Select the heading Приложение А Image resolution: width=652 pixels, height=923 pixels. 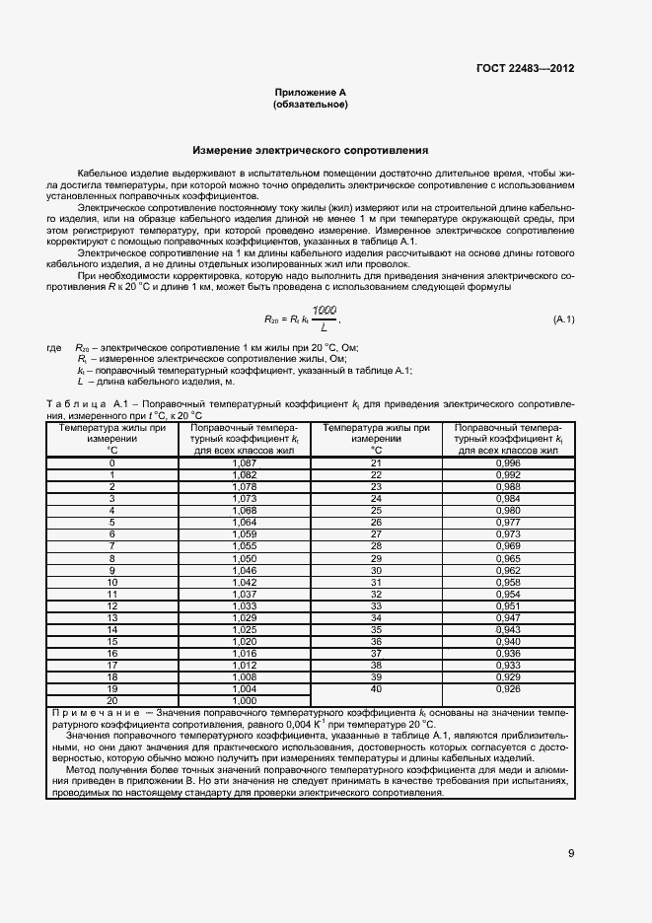coord(311,92)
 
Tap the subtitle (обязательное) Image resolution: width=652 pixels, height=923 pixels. coord(311,104)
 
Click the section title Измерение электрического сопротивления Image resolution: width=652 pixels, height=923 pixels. coord(311,151)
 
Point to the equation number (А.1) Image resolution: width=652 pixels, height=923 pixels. coord(563,320)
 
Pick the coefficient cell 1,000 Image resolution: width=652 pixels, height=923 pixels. coord(244,700)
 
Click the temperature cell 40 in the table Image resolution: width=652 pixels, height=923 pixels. coord(376,688)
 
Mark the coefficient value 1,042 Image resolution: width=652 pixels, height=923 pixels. coord(244,582)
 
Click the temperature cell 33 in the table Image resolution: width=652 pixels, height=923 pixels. coord(376,605)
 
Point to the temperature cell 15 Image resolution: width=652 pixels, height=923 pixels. coord(111,641)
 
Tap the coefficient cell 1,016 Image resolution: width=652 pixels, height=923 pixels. coord(244,653)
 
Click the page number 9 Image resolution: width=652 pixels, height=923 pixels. coord(571,854)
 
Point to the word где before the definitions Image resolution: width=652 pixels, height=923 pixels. coord(54,349)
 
